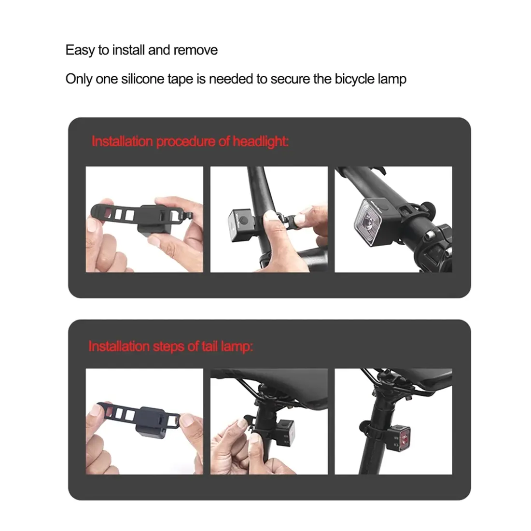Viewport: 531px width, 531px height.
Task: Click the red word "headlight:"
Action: coord(261,141)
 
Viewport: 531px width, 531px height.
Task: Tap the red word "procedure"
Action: coord(185,142)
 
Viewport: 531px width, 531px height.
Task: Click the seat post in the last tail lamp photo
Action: coord(373,437)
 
